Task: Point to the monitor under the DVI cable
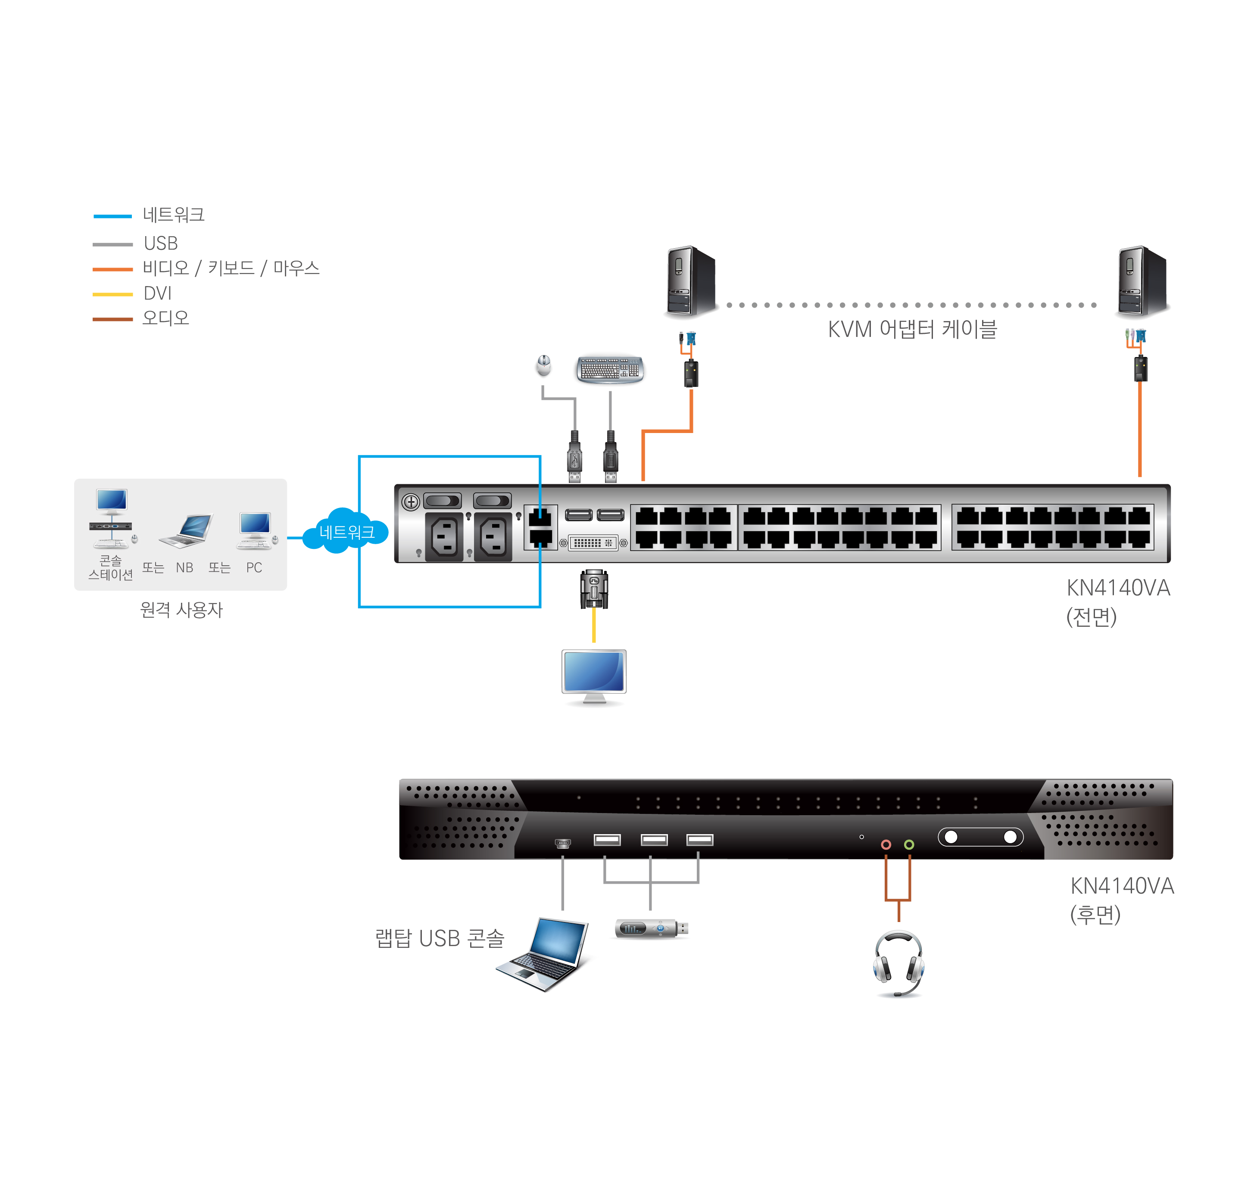coord(594,674)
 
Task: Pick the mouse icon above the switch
coord(543,365)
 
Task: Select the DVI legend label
coord(158,293)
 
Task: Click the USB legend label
coord(161,243)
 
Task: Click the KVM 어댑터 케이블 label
coord(912,330)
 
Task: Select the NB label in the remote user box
coord(184,567)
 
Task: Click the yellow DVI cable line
coord(594,625)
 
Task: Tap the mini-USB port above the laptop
coord(562,843)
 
